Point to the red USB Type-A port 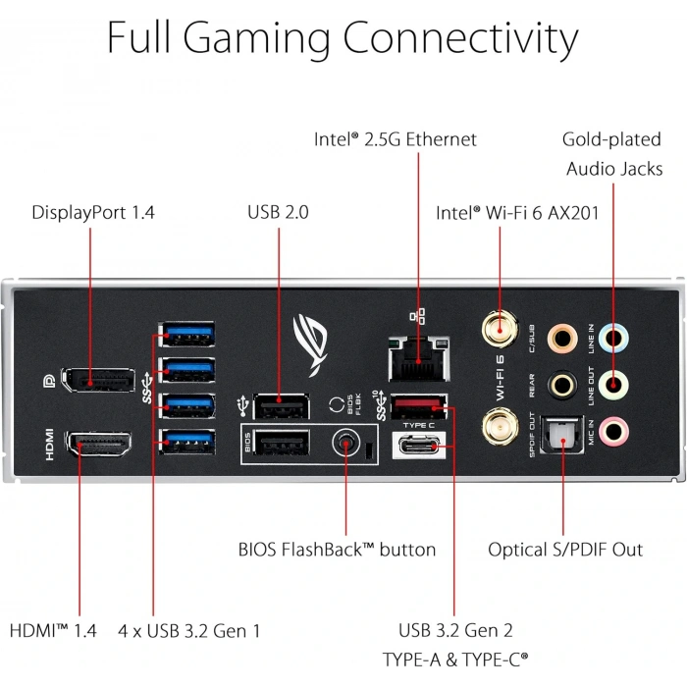point(421,405)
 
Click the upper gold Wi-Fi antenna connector point(499,330)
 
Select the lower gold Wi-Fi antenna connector point(499,427)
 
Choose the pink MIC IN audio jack point(613,429)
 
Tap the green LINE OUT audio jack point(613,384)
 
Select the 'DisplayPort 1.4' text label point(93,212)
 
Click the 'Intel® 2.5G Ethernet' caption point(396,139)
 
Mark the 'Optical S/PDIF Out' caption point(565,550)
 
